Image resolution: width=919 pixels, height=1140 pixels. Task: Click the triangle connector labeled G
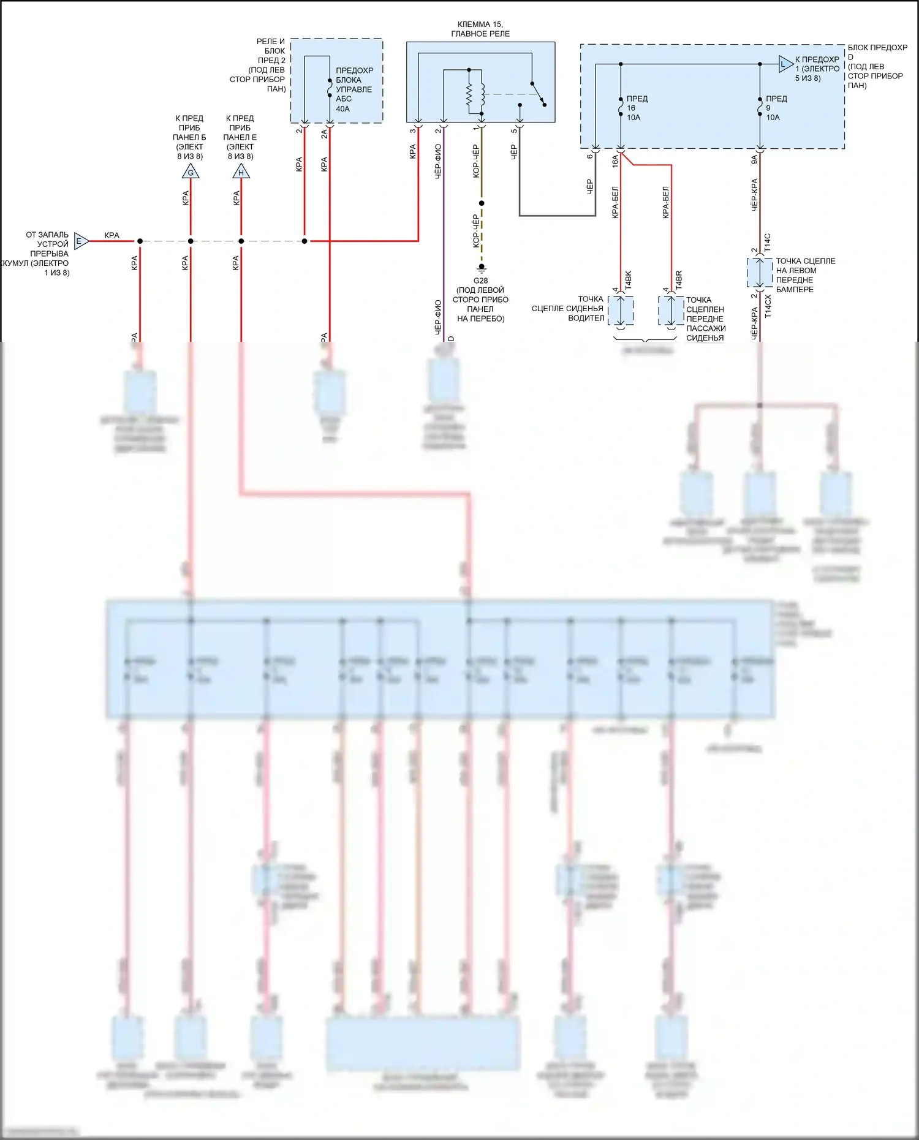click(x=191, y=172)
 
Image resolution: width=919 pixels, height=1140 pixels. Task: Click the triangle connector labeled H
click(x=241, y=172)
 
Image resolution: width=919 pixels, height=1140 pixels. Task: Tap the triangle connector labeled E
click(x=80, y=241)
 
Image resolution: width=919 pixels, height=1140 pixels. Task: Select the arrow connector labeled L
click(x=785, y=64)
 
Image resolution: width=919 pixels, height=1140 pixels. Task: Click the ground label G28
click(x=481, y=281)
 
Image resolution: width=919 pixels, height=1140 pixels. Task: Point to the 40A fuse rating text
click(x=343, y=109)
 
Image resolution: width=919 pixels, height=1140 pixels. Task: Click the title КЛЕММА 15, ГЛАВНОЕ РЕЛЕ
click(x=480, y=29)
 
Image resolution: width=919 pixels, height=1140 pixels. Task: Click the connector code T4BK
click(x=628, y=279)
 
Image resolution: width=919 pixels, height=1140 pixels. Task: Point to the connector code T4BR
click(x=679, y=279)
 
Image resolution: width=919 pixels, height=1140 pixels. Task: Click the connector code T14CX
click(x=768, y=306)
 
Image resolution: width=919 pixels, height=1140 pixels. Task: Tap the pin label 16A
click(x=615, y=160)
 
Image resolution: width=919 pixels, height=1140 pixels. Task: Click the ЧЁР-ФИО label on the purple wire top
click(x=438, y=161)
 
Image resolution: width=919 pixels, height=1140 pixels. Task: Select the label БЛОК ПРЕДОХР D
click(x=877, y=52)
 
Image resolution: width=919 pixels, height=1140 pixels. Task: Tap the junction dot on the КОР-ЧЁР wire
click(x=482, y=203)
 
